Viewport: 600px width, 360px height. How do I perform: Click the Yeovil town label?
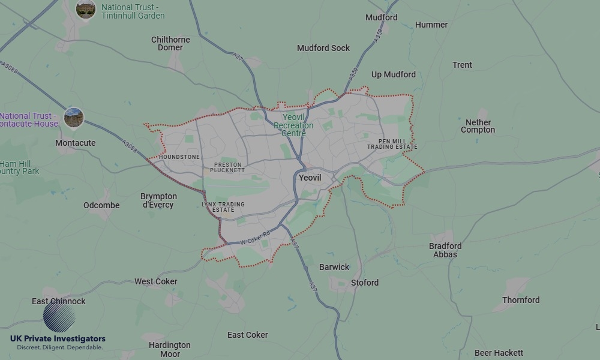(x=310, y=178)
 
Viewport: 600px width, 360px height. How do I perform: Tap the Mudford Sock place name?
(x=323, y=48)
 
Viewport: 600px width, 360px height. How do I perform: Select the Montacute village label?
(x=75, y=143)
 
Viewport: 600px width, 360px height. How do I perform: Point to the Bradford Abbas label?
(x=445, y=250)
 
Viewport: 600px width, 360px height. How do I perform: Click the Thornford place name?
(x=521, y=300)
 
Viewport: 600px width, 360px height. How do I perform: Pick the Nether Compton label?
(x=478, y=126)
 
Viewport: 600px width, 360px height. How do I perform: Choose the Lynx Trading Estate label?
(x=223, y=207)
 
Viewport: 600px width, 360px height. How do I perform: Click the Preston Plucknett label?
(x=229, y=167)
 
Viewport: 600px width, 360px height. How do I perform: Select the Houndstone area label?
(x=179, y=157)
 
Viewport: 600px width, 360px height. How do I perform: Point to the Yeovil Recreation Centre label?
(x=293, y=125)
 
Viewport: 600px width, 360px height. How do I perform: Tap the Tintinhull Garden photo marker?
(x=85, y=8)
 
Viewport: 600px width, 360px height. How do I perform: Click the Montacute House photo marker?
(x=74, y=117)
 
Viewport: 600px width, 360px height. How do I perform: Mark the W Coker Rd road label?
(x=256, y=238)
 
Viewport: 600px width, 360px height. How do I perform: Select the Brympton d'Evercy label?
(x=158, y=200)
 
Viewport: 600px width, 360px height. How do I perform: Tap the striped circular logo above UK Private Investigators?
(x=59, y=317)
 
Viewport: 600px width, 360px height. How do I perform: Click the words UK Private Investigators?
(x=58, y=339)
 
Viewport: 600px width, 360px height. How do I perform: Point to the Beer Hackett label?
(x=499, y=353)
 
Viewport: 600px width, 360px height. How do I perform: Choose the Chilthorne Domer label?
(x=170, y=43)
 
